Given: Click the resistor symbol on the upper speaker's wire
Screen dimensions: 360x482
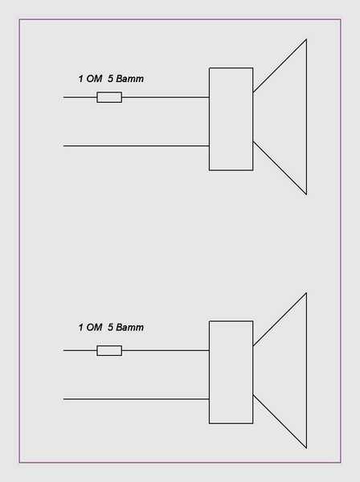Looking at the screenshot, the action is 109,97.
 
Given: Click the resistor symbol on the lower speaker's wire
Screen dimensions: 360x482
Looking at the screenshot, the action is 109,350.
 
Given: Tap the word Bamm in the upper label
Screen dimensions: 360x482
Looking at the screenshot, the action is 129,79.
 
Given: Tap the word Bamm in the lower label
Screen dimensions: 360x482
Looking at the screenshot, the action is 129,328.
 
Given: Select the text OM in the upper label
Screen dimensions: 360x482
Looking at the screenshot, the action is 94,79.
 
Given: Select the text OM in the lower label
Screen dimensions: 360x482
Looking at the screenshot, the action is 94,328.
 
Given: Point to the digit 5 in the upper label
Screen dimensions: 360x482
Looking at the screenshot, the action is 110,79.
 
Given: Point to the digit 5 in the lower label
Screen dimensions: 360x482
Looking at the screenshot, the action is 110,328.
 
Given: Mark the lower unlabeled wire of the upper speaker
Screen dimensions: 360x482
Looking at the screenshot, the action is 136,145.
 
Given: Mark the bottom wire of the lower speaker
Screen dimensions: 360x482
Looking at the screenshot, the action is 136,399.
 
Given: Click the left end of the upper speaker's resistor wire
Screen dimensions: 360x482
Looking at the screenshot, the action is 63,97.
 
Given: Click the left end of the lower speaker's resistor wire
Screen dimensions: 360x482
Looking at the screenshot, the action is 63,350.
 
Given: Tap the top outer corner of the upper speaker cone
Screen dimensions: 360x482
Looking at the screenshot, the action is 306,39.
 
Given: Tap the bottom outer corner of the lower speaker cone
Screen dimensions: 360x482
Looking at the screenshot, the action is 306,448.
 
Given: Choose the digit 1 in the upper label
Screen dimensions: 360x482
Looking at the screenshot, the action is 81,79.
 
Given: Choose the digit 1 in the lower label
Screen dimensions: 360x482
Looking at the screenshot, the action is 81,328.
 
